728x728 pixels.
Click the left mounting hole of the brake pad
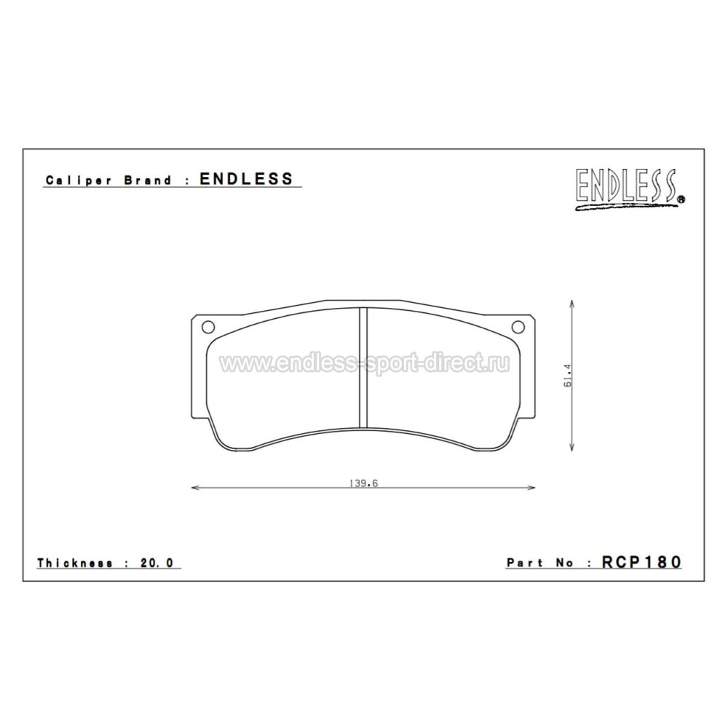click(x=208, y=328)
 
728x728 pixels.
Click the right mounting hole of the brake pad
click(x=518, y=328)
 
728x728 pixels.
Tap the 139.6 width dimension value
click(x=363, y=483)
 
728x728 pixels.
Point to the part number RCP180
click(x=641, y=562)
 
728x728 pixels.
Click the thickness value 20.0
click(x=157, y=563)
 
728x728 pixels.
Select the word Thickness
click(x=75, y=563)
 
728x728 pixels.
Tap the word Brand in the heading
click(x=148, y=180)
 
